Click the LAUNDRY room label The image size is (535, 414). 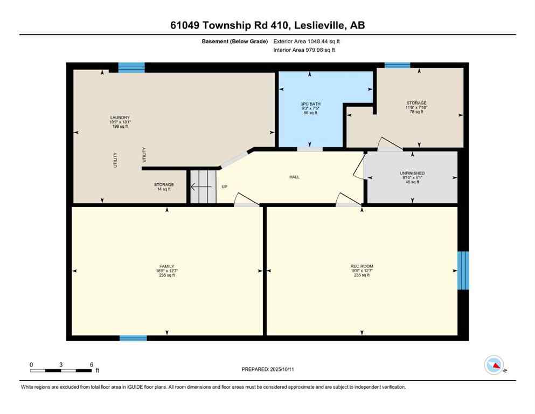[x=120, y=118]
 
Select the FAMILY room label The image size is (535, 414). [x=167, y=266]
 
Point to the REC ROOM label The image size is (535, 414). [x=362, y=266]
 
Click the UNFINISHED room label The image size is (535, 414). [x=413, y=173]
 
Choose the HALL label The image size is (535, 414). [x=294, y=177]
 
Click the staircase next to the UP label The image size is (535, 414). [x=203, y=187]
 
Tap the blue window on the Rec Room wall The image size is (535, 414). [x=463, y=270]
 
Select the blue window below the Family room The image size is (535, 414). [x=133, y=338]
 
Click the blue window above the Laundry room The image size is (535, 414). [x=131, y=67]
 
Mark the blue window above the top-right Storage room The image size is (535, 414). [x=397, y=65]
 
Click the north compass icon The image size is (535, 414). [x=494, y=365]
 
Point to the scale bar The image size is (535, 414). [x=60, y=370]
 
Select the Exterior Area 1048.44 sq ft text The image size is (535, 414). [x=307, y=41]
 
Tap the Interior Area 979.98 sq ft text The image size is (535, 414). [x=304, y=50]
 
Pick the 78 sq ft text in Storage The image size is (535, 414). [x=416, y=112]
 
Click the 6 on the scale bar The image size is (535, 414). [x=92, y=364]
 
